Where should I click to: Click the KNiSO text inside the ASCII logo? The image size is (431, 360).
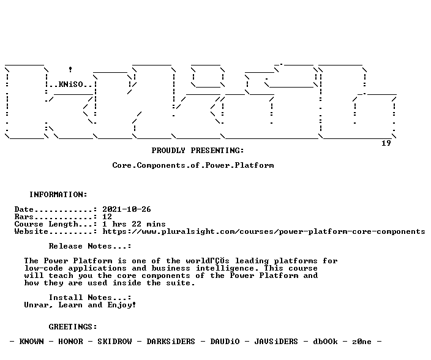pos(70,84)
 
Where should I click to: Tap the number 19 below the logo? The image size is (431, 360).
pos(386,143)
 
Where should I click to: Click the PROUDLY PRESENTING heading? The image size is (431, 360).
pos(198,151)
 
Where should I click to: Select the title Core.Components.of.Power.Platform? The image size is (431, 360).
pos(193,165)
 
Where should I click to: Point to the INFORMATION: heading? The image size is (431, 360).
pos(58,195)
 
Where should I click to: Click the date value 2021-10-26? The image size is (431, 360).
pos(127,209)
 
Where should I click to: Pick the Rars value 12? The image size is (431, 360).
pos(107,217)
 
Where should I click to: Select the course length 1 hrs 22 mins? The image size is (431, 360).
pos(134,224)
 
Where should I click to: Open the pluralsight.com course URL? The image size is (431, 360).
pos(264,231)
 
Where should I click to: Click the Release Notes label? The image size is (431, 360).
pos(90,246)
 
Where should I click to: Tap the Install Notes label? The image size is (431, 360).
pos(90,298)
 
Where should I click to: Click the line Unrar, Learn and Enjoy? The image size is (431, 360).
pos(80,305)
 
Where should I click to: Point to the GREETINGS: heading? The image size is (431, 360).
pos(73,327)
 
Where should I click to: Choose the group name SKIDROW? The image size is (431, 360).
pos(114,342)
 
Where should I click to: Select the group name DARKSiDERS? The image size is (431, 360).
pos(171,342)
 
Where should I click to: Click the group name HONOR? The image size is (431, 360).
pos(70,342)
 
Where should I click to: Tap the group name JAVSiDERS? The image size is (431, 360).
pos(276,342)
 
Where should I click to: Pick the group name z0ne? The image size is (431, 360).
pos(362,342)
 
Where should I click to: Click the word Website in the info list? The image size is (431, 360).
pos(31,231)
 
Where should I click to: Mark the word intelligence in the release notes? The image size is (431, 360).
pos(225,269)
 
